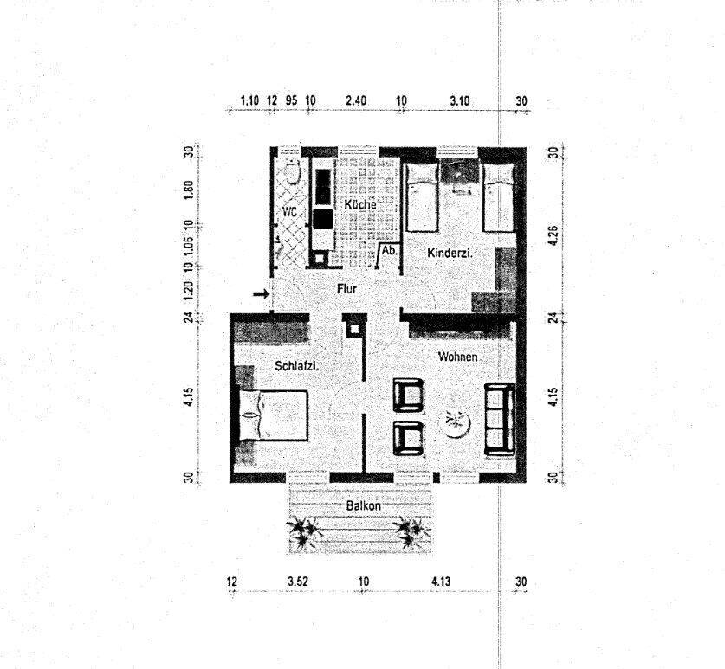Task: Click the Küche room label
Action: click(x=359, y=204)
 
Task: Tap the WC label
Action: click(x=288, y=210)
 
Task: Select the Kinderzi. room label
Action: click(x=449, y=253)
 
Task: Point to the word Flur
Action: click(x=346, y=290)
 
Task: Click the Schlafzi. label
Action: click(x=296, y=366)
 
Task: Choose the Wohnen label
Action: click(x=457, y=357)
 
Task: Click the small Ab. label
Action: click(x=390, y=251)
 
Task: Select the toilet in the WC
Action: click(x=292, y=173)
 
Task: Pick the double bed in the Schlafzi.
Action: click(x=270, y=415)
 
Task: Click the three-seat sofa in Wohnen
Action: click(x=499, y=418)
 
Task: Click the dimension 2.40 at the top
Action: click(x=355, y=100)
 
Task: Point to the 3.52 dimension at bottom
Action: click(x=297, y=581)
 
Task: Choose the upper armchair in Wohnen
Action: click(x=407, y=396)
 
